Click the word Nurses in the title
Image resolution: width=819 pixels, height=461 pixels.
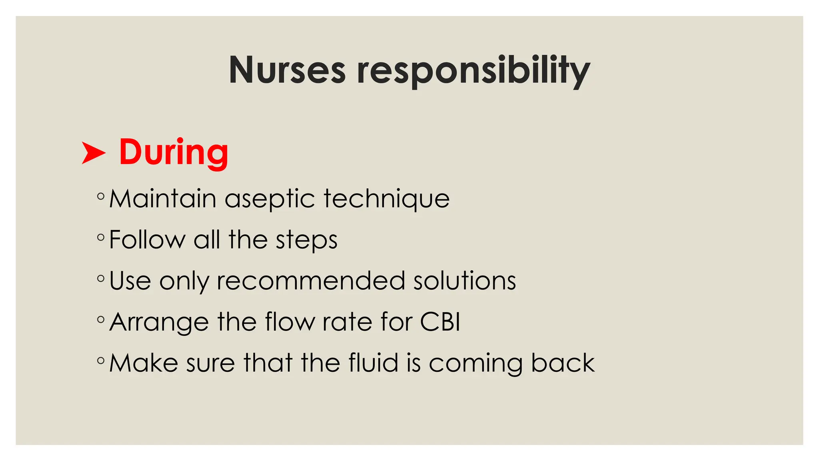[287, 70]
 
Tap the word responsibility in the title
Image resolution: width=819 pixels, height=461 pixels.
[473, 71]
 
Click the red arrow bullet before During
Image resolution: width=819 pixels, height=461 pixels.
[94, 153]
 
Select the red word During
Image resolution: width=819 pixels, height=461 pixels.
[174, 153]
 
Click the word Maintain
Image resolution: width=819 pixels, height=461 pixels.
[163, 198]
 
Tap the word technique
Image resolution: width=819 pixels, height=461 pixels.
[387, 199]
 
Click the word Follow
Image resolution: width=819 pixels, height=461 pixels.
[147, 240]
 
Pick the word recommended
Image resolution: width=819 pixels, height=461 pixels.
[311, 281]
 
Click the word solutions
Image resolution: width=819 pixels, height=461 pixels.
[465, 281]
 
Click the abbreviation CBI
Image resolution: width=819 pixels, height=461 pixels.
[440, 322]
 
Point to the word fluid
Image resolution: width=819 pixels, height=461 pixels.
[374, 363]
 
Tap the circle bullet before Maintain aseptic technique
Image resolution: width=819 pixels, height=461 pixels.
[101, 196]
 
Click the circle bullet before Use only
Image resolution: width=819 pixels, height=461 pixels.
[101, 278]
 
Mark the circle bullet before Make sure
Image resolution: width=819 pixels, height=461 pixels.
[101, 361]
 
